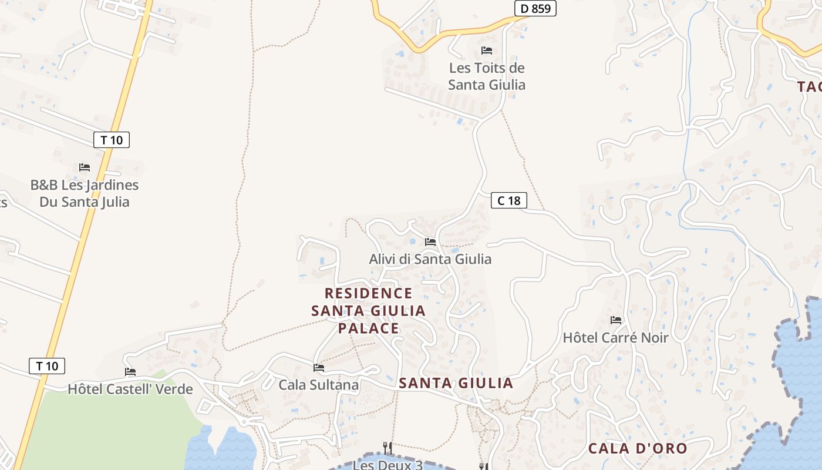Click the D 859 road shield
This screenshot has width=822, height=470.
tap(535, 9)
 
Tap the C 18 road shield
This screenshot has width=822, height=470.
tap(509, 201)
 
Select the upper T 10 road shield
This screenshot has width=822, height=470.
tap(112, 140)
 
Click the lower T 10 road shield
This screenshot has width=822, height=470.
tap(47, 366)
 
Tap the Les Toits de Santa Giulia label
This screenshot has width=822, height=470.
tap(487, 76)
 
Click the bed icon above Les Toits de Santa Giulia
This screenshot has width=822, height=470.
tap(487, 51)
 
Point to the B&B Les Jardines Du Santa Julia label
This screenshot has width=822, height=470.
tap(85, 193)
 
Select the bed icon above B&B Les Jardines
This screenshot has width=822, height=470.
tap(85, 167)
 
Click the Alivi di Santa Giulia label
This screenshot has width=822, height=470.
tap(430, 259)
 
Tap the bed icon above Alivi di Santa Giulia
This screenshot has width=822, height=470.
tap(430, 241)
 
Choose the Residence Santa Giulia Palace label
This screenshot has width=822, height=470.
tap(369, 310)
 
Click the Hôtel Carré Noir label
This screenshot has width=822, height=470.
tap(615, 338)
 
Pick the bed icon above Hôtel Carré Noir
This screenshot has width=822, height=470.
tap(616, 320)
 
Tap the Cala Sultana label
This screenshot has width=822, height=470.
tap(318, 385)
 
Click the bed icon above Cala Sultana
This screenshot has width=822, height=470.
tap(319, 368)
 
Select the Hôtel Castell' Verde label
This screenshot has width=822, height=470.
tap(130, 389)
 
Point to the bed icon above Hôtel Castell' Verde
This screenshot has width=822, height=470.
tap(130, 372)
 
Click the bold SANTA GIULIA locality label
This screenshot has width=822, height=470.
tap(456, 383)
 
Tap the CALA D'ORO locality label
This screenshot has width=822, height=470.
tap(638, 448)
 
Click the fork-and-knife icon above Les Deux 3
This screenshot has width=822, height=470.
tap(388, 448)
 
